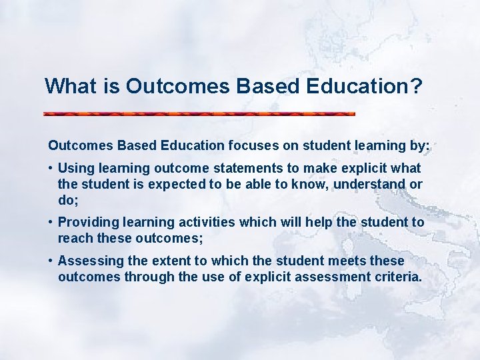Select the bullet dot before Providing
51,223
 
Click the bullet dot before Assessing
51,261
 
